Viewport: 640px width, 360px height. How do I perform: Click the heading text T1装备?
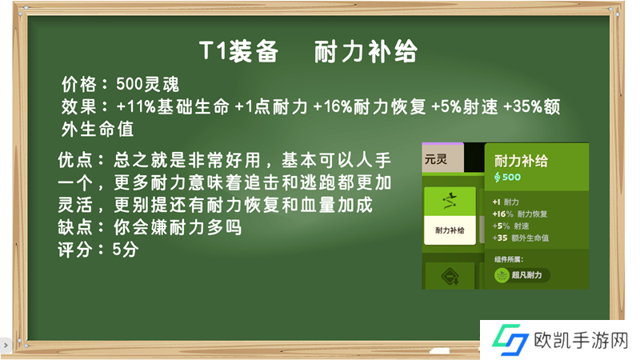point(239,51)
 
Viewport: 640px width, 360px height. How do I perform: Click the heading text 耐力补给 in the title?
point(366,51)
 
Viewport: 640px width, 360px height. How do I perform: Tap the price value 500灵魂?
point(147,84)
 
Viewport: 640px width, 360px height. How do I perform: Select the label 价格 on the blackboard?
point(79,84)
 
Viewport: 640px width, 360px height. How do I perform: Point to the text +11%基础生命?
point(173,106)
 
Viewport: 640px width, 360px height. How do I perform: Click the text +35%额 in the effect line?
point(531,106)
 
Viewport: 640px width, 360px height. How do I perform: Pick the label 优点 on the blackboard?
point(75,159)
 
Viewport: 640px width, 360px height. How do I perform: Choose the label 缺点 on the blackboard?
point(75,227)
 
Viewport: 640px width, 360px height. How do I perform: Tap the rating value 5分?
point(126,249)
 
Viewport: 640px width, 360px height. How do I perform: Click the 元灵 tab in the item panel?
point(436,158)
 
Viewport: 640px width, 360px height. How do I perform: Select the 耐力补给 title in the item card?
point(521,161)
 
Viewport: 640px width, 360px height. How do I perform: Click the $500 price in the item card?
point(507,177)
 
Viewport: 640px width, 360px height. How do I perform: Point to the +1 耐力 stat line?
point(506,202)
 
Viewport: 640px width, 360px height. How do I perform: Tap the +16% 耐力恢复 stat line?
point(519,214)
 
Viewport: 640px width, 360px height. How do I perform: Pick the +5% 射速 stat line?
point(510,226)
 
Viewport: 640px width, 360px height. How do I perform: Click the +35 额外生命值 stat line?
point(521,238)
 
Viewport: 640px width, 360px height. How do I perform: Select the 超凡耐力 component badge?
point(522,275)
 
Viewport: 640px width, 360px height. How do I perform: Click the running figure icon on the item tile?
point(450,201)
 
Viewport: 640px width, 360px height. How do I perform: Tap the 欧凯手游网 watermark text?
point(581,340)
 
